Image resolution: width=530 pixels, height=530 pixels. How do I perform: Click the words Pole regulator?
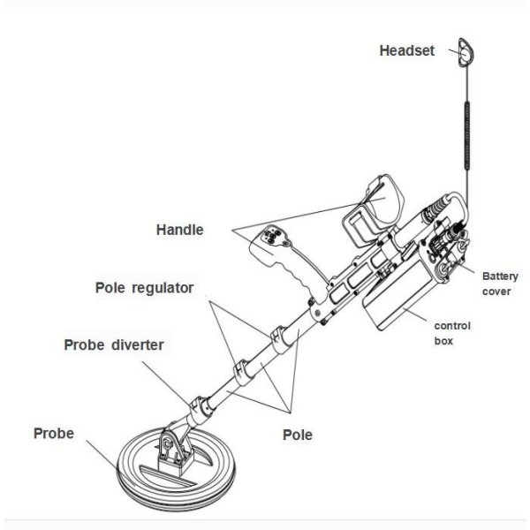point(146,290)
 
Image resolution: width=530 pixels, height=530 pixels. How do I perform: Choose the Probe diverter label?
point(113,345)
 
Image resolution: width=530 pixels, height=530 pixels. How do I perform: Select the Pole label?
point(298,435)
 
